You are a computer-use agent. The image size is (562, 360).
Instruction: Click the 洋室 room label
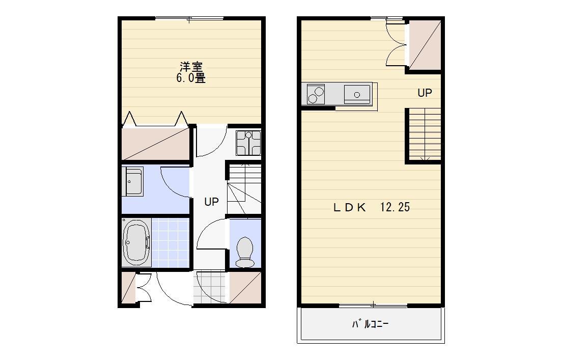pyautogui.click(x=191, y=67)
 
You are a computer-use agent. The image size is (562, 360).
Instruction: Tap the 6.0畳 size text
pyautogui.click(x=191, y=78)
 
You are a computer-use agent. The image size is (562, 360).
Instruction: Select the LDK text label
pyautogui.click(x=350, y=207)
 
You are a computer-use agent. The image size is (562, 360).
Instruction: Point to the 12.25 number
pyautogui.click(x=395, y=207)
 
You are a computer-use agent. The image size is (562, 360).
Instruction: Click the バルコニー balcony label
pyautogui.click(x=371, y=324)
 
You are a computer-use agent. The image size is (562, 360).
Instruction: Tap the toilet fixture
pyautogui.click(x=245, y=252)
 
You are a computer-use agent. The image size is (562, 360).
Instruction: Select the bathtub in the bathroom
pyautogui.click(x=136, y=242)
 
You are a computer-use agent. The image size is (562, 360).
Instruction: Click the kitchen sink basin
pyautogui.click(x=357, y=94)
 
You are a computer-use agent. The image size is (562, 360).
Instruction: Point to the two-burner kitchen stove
pyautogui.click(x=316, y=94)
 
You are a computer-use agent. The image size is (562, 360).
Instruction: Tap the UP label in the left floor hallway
pyautogui.click(x=211, y=202)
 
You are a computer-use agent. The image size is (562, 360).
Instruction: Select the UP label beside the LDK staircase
pyautogui.click(x=425, y=93)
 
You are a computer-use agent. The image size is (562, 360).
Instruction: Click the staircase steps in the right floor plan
pyautogui.click(x=425, y=134)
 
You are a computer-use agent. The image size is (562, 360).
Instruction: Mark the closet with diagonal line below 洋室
pyautogui.click(x=156, y=144)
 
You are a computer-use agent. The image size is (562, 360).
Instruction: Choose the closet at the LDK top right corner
pyautogui.click(x=425, y=45)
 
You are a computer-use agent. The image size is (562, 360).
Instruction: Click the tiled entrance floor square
pyautogui.click(x=210, y=288)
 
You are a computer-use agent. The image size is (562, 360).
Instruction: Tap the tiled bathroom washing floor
pyautogui.click(x=170, y=242)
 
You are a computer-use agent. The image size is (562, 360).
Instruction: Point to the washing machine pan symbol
pyautogui.click(x=248, y=143)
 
